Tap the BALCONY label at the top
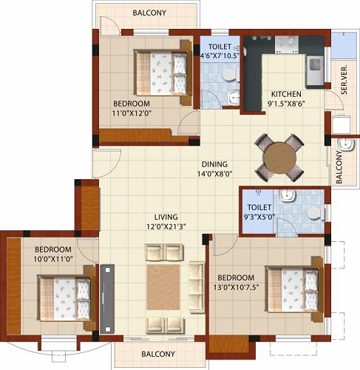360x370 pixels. point(150,13)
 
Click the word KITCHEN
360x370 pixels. point(285,94)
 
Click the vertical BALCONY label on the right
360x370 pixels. point(339,167)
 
